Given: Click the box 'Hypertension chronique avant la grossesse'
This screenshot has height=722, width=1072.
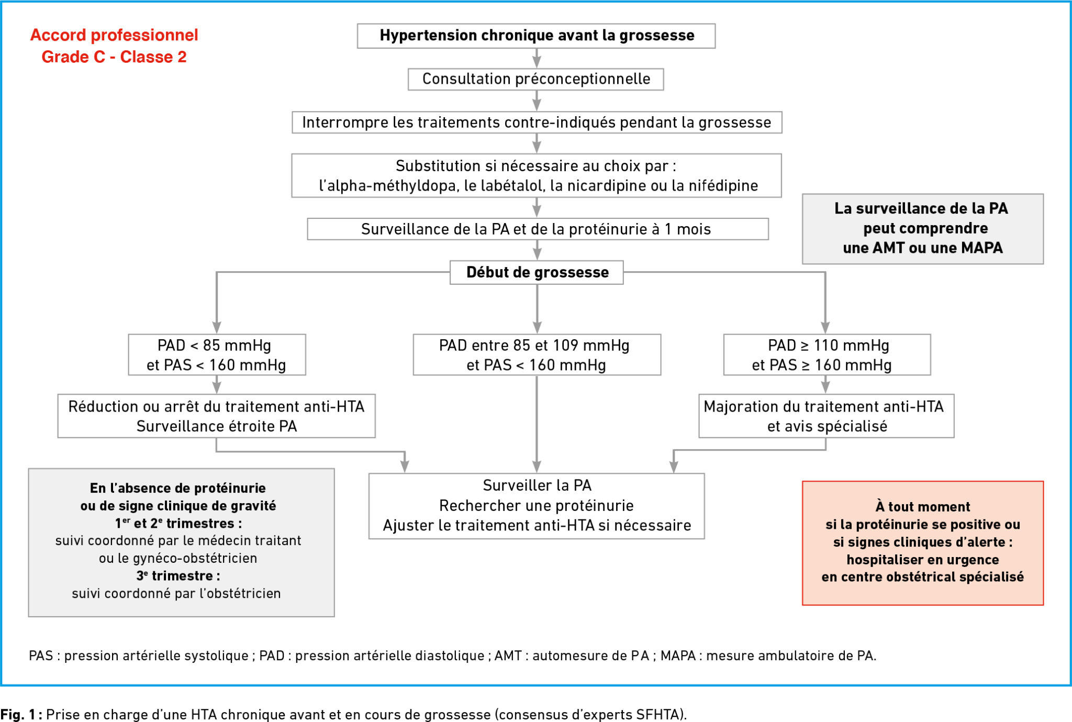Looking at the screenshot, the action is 536,36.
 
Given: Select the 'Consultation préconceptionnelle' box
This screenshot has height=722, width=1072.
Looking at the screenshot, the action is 536,79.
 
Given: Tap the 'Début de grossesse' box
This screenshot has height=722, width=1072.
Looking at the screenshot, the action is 537,272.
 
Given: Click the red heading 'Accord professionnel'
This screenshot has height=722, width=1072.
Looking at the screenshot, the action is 114,35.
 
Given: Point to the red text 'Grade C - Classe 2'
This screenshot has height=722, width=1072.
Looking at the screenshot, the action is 114,57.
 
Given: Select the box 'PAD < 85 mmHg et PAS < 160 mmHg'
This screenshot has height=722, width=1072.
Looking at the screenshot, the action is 217,354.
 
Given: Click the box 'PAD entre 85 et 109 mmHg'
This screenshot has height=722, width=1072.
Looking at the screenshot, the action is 537,354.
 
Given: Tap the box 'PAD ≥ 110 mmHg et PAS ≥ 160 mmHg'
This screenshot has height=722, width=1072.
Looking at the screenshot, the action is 827,354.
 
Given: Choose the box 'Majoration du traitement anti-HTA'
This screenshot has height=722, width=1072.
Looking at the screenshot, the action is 827,416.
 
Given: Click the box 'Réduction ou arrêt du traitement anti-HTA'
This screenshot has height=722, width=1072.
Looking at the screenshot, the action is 216,416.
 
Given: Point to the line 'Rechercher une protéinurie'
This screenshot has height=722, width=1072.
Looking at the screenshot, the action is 537,505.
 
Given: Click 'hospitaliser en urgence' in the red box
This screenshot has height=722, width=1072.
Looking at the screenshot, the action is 923,560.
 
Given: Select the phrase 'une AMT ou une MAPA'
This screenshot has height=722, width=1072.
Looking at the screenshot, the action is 923,248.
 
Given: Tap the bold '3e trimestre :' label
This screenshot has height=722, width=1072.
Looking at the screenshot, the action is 178,575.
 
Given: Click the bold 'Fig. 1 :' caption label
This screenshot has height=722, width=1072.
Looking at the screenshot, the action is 21,714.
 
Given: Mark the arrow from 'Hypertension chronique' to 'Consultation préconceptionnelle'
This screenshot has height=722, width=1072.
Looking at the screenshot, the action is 537,58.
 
